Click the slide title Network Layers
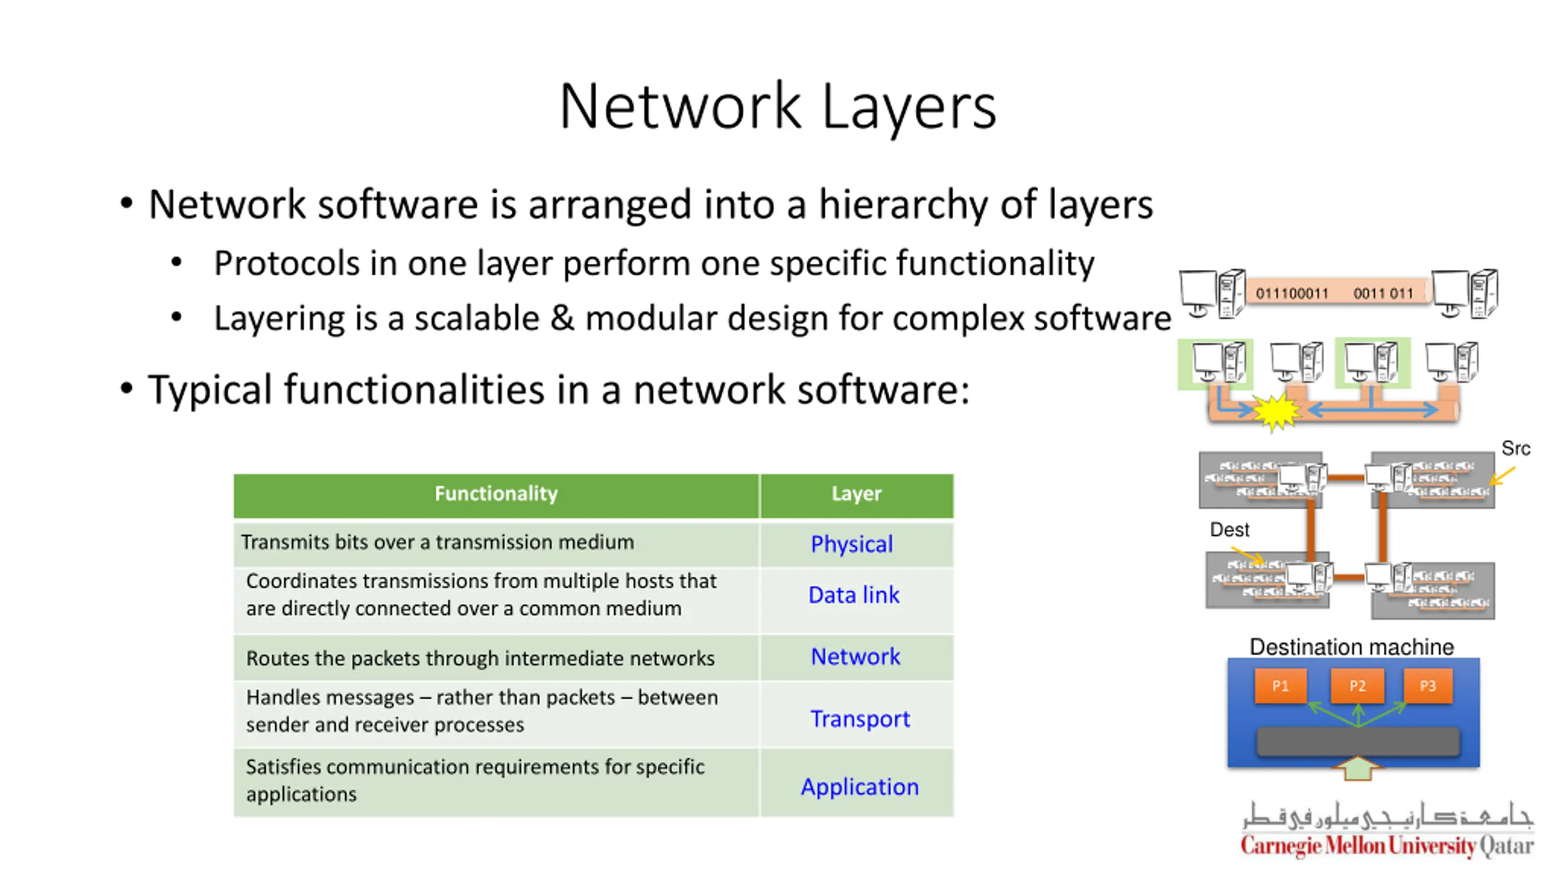coord(777,106)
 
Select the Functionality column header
coord(496,494)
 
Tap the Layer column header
coord(856,494)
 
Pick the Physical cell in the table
coord(852,544)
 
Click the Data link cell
coord(853,595)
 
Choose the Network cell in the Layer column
coord(855,657)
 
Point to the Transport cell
coord(859,719)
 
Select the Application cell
coord(859,787)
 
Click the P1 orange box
coord(1280,686)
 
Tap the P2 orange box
coord(1357,686)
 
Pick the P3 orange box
coord(1428,686)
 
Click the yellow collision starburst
coord(1276,412)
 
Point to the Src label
coord(1515,448)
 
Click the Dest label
coord(1229,530)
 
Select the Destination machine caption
coord(1351,647)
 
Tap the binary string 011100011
coord(1292,293)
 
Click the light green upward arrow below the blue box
coord(1357,769)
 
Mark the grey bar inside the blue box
coord(1358,741)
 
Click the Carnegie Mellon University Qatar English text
coord(1387,846)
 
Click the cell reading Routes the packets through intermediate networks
coord(480,659)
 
